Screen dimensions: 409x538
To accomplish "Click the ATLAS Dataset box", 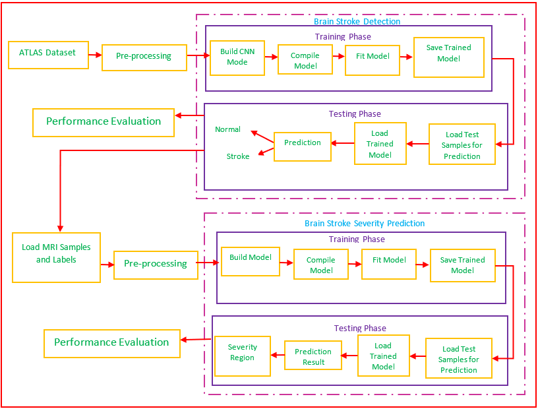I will tap(47, 55).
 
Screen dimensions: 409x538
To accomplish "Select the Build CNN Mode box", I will tap(237, 57).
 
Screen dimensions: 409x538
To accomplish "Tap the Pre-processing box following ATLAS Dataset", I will tap(144, 57).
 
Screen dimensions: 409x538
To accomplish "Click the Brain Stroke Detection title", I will tap(357, 21).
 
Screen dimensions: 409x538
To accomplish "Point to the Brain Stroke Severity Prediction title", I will tap(365, 224).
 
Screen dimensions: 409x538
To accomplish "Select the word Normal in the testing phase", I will tap(228, 130).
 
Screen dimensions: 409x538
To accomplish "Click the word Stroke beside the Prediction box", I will tap(238, 157).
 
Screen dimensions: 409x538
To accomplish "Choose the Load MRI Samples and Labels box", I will tap(56, 257).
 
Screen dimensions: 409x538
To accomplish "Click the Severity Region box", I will tap(242, 356).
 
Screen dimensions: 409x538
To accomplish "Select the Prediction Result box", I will tap(313, 357).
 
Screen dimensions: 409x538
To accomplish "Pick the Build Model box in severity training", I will tap(251, 262).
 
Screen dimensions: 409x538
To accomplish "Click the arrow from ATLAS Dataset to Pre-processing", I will tap(94, 55).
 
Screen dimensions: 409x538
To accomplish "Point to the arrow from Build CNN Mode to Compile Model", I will tap(271, 57).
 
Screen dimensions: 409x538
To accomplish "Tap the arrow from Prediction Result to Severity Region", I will tap(278, 356).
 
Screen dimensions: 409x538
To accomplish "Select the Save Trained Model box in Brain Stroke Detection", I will tap(448, 57).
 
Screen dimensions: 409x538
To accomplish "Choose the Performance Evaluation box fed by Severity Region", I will tap(111, 343).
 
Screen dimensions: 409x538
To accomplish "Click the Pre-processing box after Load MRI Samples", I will tap(156, 265).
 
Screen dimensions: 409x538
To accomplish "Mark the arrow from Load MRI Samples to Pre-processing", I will tap(107, 264).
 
